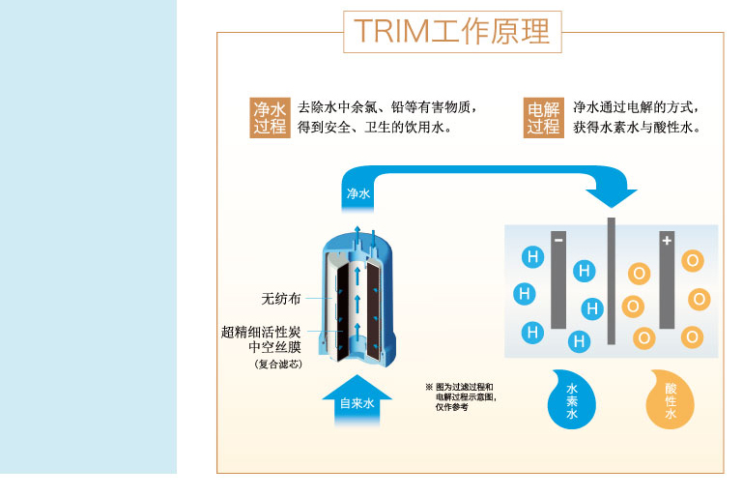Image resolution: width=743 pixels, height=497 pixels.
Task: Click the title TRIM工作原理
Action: [452, 31]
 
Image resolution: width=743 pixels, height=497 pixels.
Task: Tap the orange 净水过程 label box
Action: [270, 118]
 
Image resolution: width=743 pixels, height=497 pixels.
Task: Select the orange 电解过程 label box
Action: [544, 118]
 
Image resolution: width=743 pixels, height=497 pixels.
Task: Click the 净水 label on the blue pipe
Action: [358, 193]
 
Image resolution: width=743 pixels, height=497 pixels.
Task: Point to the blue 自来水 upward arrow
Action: [357, 400]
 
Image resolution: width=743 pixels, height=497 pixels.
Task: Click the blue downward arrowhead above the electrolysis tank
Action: [612, 198]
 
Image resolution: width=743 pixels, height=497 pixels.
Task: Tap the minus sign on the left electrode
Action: [558, 240]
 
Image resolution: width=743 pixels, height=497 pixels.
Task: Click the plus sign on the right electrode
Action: [667, 241]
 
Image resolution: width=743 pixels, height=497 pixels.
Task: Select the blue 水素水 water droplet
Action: [571, 400]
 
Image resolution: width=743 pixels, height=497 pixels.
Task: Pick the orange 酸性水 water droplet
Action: [670, 400]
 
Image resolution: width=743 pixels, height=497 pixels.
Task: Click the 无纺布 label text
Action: [281, 299]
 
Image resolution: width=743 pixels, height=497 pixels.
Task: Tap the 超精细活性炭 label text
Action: [261, 332]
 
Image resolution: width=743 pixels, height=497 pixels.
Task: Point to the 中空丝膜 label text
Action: [274, 347]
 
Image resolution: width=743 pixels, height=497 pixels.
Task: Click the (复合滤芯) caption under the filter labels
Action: [278, 365]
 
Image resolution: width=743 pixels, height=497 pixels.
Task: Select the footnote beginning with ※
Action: [461, 397]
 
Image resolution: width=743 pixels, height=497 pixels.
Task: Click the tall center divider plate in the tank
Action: [612, 280]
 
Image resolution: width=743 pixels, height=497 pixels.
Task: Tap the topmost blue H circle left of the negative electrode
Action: [532, 257]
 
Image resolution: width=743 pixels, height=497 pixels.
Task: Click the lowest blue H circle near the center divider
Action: [579, 341]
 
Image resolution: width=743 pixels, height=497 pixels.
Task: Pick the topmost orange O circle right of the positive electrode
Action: [693, 260]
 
